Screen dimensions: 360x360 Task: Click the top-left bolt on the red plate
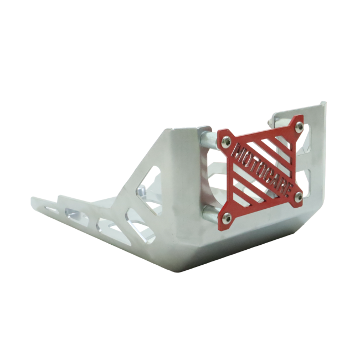[x=225, y=143]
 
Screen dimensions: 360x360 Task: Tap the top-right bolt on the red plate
[x=298, y=127]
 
